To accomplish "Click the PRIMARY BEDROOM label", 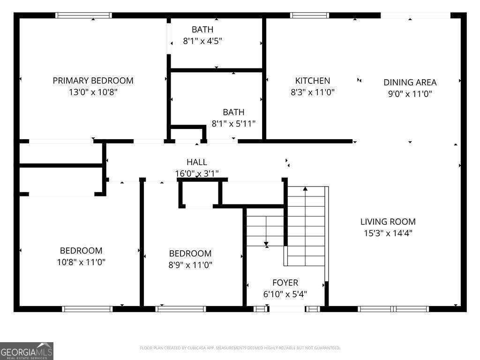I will [x=93, y=81].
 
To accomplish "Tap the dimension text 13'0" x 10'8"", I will [x=93, y=92].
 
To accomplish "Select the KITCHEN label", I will [x=312, y=81].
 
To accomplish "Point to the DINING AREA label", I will [x=410, y=82].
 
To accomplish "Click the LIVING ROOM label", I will [x=388, y=222].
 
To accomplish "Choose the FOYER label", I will [x=285, y=283].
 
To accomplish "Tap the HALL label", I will [x=196, y=162].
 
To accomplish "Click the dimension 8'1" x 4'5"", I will [x=202, y=41].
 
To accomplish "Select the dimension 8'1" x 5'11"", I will [x=233, y=124].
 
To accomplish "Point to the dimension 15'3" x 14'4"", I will [x=388, y=233].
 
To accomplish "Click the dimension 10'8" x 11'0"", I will [x=81, y=262].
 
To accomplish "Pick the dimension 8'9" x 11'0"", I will [x=190, y=265].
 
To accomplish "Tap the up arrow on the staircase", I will [x=305, y=189].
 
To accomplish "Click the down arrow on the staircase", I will [x=266, y=244].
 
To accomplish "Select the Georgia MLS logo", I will [x=27, y=351].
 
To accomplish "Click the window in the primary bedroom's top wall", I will [x=84, y=15].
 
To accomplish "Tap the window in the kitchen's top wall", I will [x=309, y=15].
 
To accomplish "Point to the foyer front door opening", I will [x=286, y=309].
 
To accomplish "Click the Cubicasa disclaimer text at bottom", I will [x=240, y=348].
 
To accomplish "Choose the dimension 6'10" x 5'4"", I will [x=285, y=294].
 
